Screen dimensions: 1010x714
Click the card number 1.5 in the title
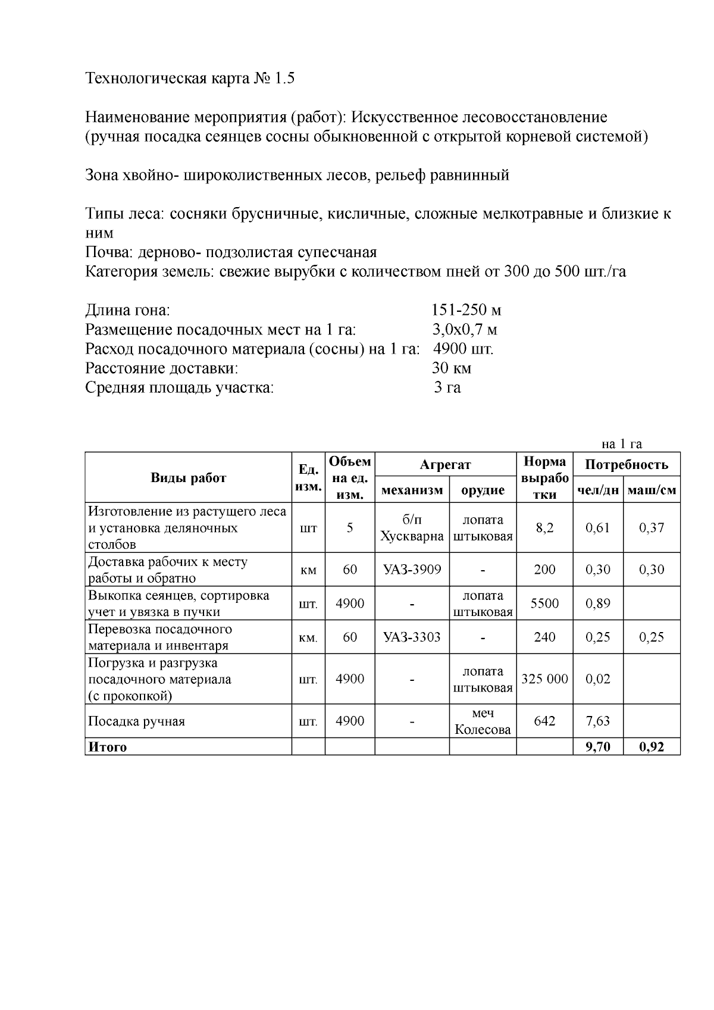pyautogui.click(x=284, y=79)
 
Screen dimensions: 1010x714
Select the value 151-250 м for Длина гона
pyautogui.click(x=466, y=310)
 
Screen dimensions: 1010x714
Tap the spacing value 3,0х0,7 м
pyautogui.click(x=464, y=330)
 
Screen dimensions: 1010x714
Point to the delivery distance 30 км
pyautogui.click(x=452, y=368)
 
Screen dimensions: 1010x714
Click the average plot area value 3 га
pyautogui.click(x=447, y=388)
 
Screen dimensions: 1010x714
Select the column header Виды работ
pyautogui.click(x=188, y=478)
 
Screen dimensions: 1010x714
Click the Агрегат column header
pyautogui.click(x=445, y=465)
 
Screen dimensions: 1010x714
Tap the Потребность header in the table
pyautogui.click(x=627, y=465)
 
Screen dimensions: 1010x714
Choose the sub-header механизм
pyautogui.click(x=412, y=490)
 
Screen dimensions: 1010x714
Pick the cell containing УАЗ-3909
pyautogui.click(x=412, y=570)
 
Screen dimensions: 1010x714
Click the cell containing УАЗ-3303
pyautogui.click(x=412, y=637)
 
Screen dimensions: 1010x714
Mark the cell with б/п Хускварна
pyautogui.click(x=412, y=528)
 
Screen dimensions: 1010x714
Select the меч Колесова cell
pyautogui.click(x=483, y=721)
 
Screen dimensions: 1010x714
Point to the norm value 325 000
pyautogui.click(x=544, y=679)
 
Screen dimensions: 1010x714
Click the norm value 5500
pyautogui.click(x=544, y=604)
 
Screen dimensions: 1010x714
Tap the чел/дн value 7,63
pyautogui.click(x=598, y=721)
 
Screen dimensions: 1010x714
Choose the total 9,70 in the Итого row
pyautogui.click(x=598, y=748)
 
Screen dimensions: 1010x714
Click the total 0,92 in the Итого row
pyautogui.click(x=652, y=748)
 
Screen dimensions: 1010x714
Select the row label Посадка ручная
pyautogui.click(x=137, y=722)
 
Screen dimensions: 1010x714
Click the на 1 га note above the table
pyautogui.click(x=622, y=444)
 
